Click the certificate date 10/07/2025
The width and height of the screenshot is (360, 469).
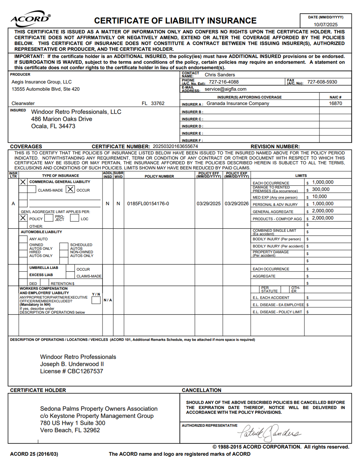coord(326,25)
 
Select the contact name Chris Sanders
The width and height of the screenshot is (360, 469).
coord(220,75)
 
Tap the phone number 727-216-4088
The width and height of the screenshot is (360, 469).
coord(223,82)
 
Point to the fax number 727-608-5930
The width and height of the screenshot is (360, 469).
coord(322,82)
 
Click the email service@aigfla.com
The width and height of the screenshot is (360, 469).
coord(225,89)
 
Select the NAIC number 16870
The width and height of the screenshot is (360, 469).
coord(335,103)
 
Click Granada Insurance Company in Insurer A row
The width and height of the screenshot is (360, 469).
coord(238,103)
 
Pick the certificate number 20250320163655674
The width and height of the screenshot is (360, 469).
coord(175,146)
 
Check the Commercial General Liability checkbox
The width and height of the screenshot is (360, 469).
coord(23,182)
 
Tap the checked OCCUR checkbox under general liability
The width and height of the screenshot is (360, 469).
coord(70,189)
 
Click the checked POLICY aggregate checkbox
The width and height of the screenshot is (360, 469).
coord(23,218)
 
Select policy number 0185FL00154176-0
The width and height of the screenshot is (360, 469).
coord(148,203)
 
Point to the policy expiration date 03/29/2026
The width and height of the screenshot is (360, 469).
coord(237,203)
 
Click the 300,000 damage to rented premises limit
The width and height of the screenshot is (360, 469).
coord(321,189)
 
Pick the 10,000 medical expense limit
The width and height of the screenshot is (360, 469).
coord(319,196)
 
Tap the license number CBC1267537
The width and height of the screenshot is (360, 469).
coord(85,371)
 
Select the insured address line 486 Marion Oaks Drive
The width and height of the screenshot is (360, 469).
coord(62,119)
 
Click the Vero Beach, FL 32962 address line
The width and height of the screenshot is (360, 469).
coord(70,430)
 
